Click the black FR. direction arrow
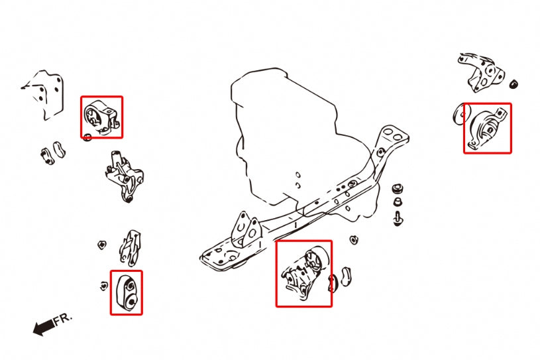click(43, 327)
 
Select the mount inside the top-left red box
click(101, 117)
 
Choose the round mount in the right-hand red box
click(487, 128)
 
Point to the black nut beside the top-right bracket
click(514, 84)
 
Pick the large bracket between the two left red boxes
click(124, 176)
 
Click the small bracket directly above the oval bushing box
click(130, 247)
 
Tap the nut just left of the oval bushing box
click(104, 286)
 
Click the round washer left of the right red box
click(458, 114)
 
